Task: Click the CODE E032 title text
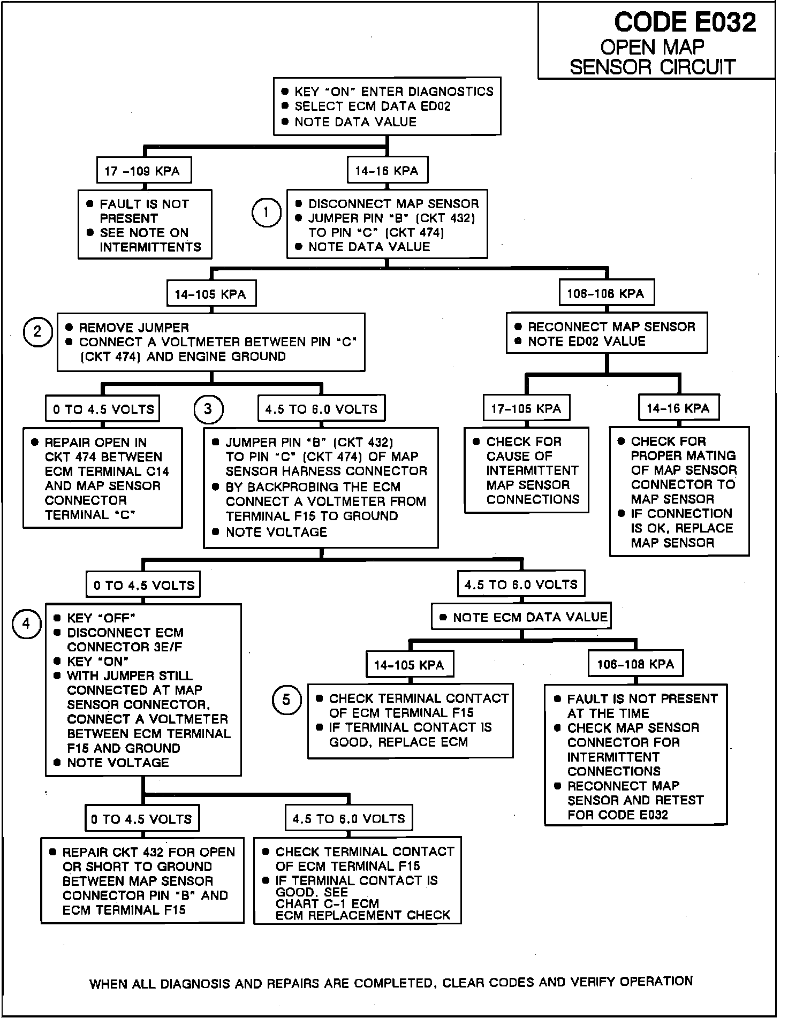(685, 22)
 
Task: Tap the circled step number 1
(266, 212)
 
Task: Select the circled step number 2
(37, 332)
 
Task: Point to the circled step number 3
(208, 409)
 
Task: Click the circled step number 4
(26, 624)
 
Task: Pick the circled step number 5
(286, 700)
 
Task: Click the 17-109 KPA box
(143, 171)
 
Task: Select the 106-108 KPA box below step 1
(606, 293)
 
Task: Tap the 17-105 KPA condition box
(526, 409)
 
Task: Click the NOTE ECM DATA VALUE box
(521, 617)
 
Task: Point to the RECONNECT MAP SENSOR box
(607, 333)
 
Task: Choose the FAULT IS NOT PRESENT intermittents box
(145, 225)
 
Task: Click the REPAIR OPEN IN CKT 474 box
(102, 478)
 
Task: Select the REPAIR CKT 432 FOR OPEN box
(142, 880)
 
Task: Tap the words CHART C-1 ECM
(327, 903)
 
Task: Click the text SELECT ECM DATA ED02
(373, 107)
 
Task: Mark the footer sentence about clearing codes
(391, 982)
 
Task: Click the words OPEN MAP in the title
(652, 48)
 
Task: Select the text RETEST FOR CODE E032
(635, 808)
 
